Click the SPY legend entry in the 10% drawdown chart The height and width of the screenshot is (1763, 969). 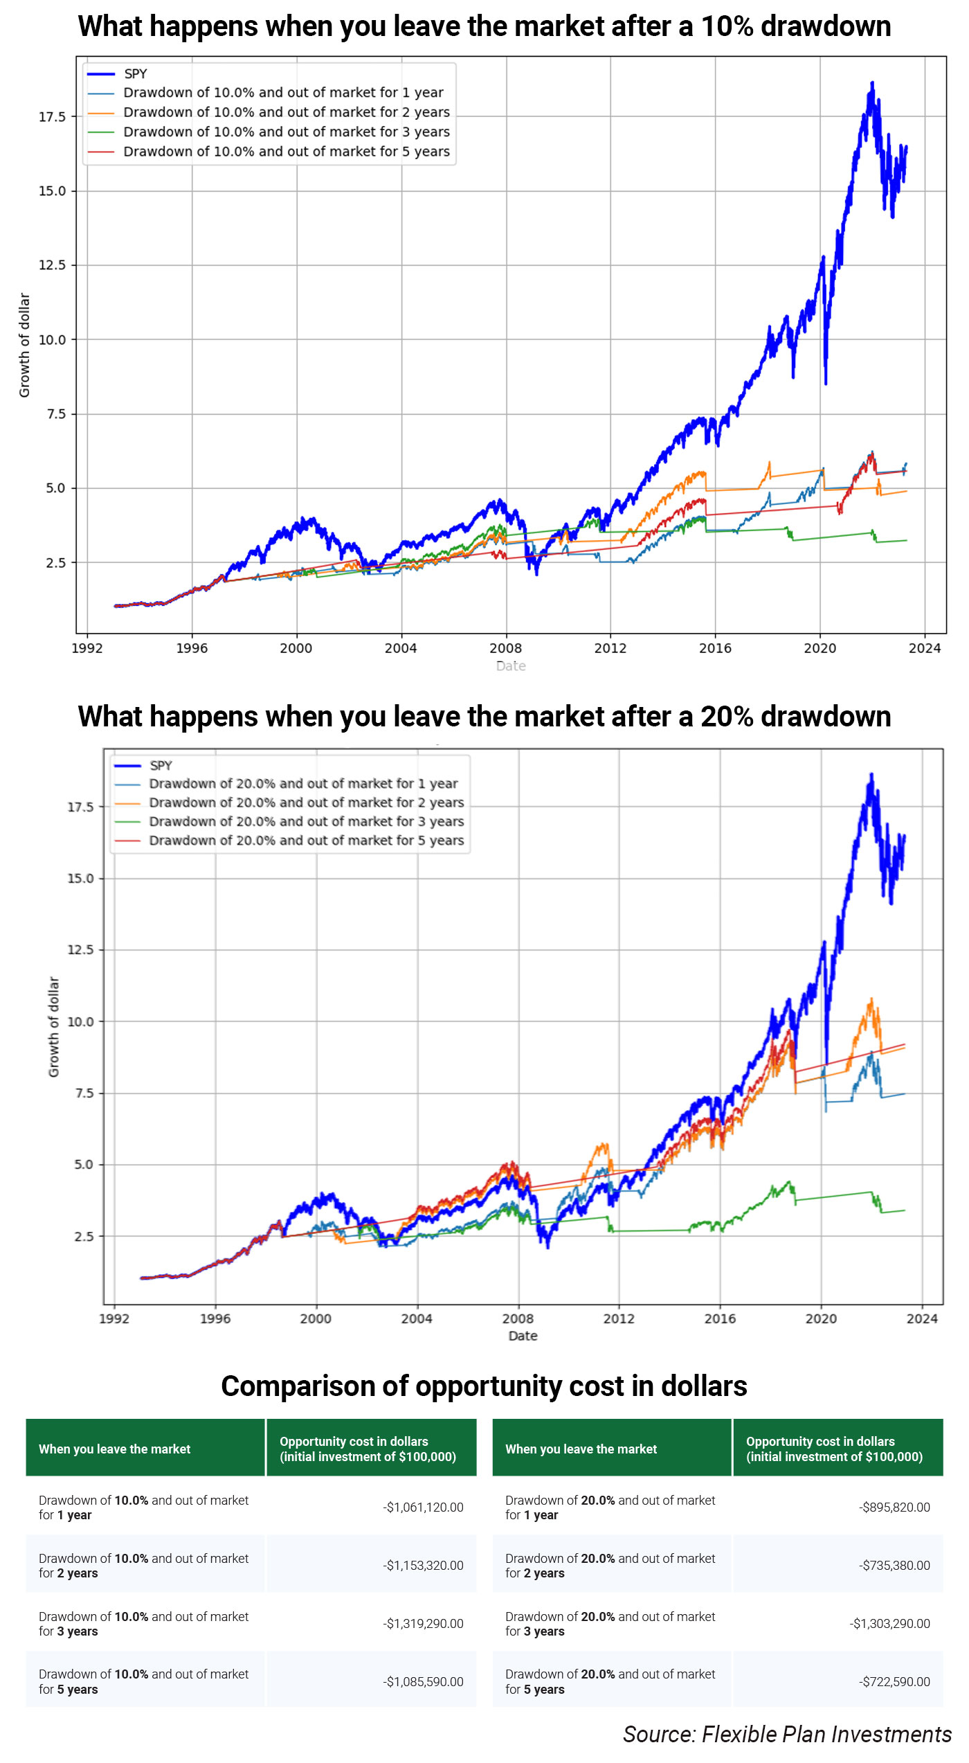pos(135,73)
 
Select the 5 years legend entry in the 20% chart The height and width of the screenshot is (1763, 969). pos(306,840)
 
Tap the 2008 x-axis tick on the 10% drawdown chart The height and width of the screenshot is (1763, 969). pos(505,648)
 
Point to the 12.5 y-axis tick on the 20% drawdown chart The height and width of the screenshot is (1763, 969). pos(80,949)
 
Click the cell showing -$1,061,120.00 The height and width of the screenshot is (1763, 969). pos(423,1507)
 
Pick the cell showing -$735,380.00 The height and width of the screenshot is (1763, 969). pos(894,1566)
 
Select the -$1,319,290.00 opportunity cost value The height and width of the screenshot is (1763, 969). pos(423,1624)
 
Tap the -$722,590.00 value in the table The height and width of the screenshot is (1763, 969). pos(894,1682)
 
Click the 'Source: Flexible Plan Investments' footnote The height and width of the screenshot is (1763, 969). pos(787,1735)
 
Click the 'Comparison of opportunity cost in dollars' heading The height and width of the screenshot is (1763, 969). pos(484,1386)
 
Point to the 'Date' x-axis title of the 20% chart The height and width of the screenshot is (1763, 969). pos(523,1336)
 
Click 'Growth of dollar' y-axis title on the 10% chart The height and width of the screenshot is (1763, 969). pos(24,345)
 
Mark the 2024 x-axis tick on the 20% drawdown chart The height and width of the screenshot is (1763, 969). pos(922,1318)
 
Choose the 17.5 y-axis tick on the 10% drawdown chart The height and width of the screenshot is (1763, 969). pos(52,116)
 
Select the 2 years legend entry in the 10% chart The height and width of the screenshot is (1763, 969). pos(286,112)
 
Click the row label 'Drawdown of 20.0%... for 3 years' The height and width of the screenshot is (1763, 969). pos(610,1624)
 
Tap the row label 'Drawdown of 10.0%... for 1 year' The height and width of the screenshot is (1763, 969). pos(143,1507)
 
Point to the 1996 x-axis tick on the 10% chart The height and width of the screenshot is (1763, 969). pos(192,648)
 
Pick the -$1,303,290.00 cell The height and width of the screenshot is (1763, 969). pos(889,1624)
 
